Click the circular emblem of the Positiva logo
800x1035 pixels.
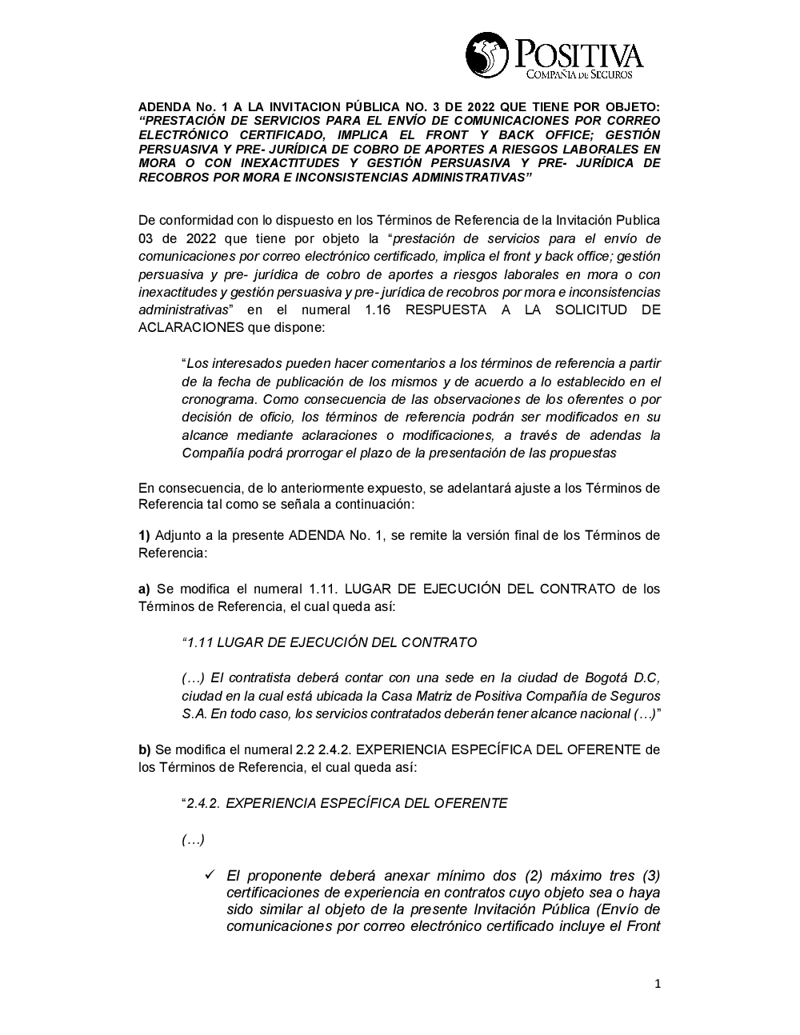point(486,54)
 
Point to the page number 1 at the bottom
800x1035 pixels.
point(657,985)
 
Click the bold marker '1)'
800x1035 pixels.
point(144,535)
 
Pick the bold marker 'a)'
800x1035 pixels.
point(144,589)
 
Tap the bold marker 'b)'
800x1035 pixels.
point(144,749)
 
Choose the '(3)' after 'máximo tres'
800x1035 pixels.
point(650,874)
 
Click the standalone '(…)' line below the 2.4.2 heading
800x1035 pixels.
point(193,840)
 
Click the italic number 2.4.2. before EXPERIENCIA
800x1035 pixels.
point(203,803)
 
